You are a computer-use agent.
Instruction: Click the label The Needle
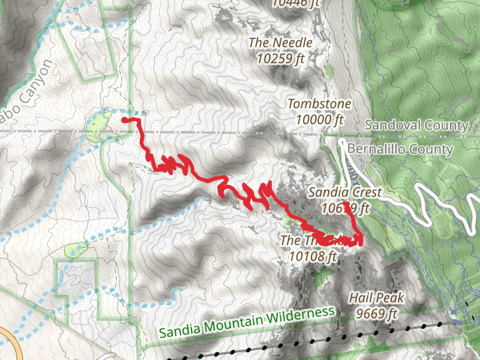pyautogui.click(x=280, y=43)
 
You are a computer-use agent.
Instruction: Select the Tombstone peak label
pyautogui.click(x=319, y=104)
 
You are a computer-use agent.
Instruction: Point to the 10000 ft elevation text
pyautogui.click(x=319, y=119)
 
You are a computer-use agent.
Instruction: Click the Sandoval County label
pyautogui.click(x=416, y=125)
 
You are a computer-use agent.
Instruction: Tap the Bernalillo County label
pyautogui.click(x=400, y=149)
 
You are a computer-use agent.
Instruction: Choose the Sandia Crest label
pyautogui.click(x=345, y=193)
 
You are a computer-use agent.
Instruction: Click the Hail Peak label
pyautogui.click(x=376, y=298)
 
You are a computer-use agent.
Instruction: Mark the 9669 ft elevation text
pyautogui.click(x=376, y=313)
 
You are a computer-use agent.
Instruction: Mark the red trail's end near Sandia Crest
pyautogui.click(x=346, y=204)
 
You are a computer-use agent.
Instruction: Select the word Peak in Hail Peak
pyautogui.click(x=391, y=298)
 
